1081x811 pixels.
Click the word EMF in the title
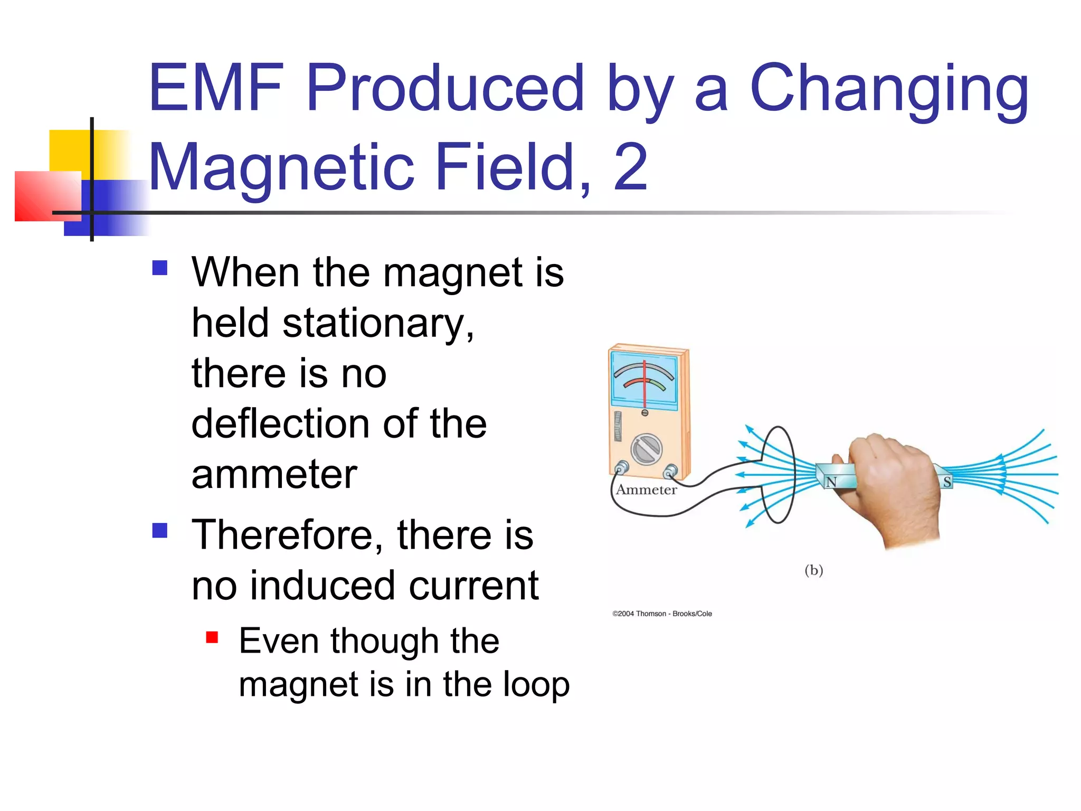(216, 88)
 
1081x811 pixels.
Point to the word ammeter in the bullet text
(274, 474)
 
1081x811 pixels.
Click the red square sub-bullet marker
(212, 637)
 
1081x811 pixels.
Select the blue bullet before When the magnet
(159, 268)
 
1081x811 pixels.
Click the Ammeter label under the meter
(646, 490)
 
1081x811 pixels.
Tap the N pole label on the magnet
(831, 482)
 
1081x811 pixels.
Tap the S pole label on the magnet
(947, 482)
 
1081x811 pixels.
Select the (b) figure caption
(813, 570)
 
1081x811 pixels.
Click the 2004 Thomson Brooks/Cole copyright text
(662, 614)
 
